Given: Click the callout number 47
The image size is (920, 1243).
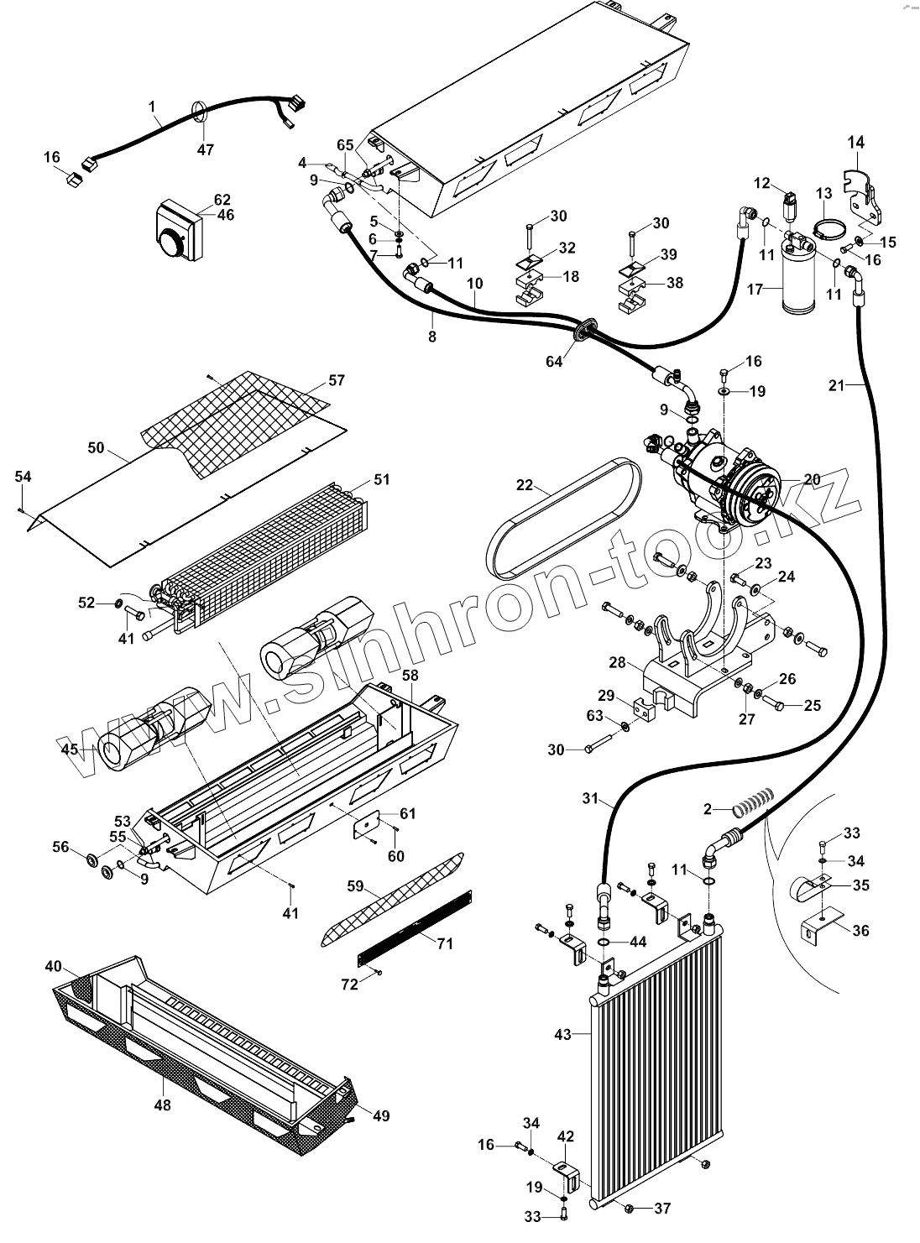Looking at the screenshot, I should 206,149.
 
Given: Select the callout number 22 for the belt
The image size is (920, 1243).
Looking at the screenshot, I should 525,484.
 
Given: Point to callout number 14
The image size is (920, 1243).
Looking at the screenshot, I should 855,142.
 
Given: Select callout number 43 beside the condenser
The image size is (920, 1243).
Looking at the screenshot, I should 562,1034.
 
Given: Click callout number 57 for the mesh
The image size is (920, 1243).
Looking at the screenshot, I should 336,380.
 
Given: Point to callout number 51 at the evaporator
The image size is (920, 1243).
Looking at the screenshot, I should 382,479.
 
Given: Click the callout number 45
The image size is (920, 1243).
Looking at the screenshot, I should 69,749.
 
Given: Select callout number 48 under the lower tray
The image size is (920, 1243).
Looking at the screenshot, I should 162,1105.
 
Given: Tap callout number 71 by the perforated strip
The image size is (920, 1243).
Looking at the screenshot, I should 444,943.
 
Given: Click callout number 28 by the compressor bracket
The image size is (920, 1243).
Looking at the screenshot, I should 618,663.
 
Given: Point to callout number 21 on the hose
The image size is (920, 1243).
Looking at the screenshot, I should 836,385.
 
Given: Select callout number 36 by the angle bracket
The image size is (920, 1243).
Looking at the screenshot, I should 860,930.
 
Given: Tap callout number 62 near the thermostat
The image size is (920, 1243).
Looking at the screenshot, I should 222,200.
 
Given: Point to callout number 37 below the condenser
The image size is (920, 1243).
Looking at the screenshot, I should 662,1208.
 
